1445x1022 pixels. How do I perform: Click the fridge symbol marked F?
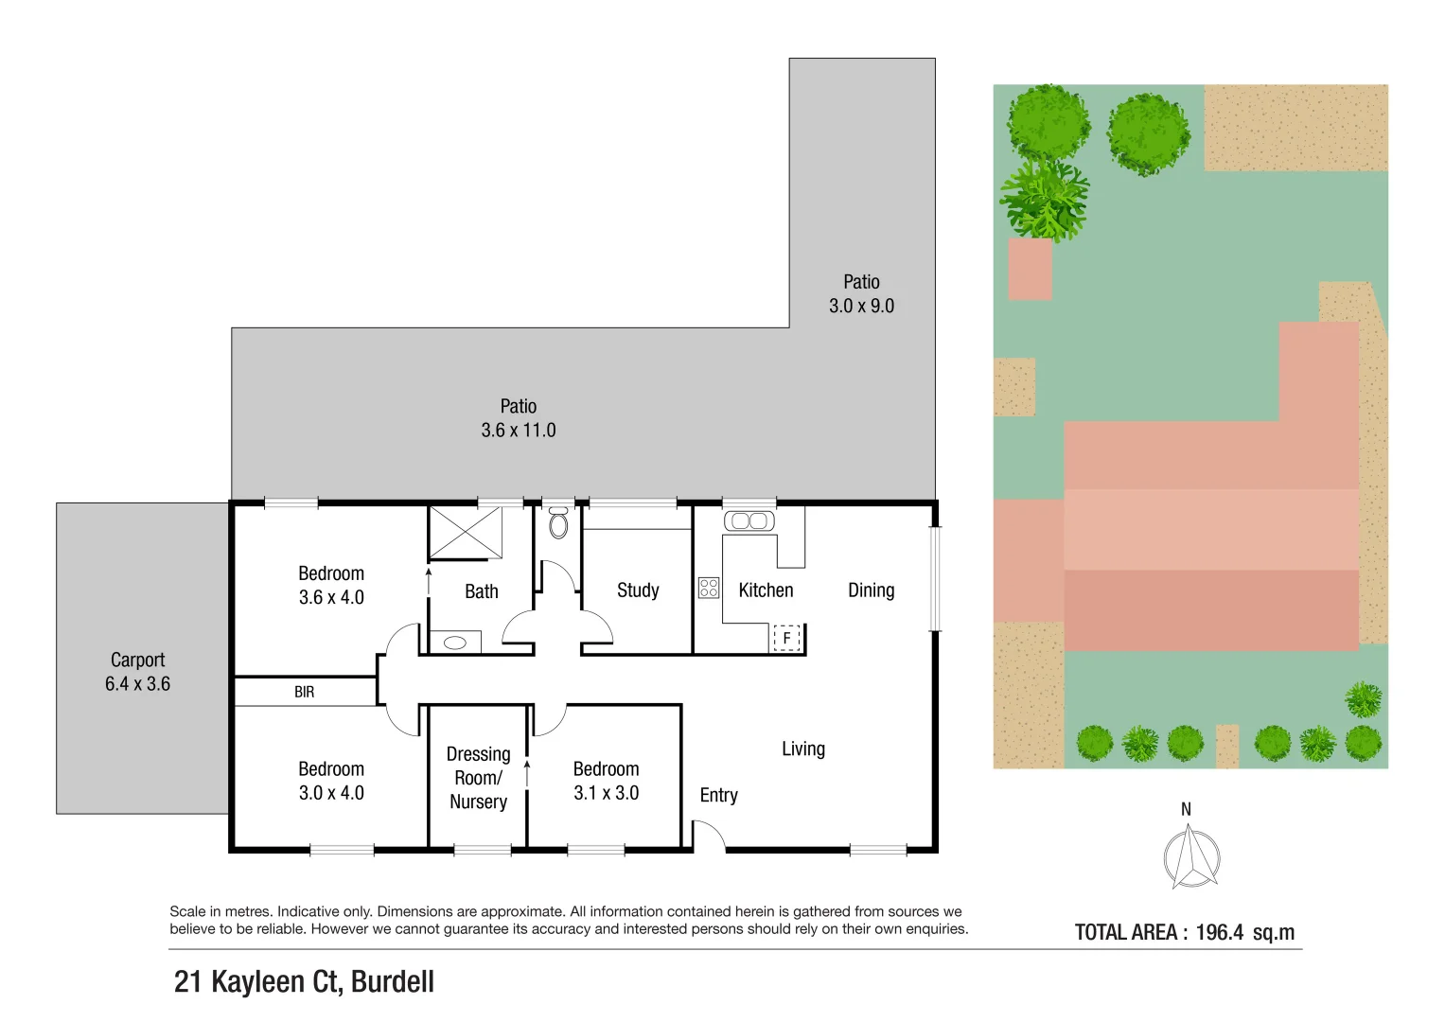coord(786,639)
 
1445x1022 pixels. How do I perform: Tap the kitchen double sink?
coord(749,521)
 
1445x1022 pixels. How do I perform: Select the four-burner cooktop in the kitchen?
coord(709,588)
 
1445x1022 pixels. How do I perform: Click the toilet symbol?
coord(558,522)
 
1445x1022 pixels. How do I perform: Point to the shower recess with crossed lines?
coord(465,533)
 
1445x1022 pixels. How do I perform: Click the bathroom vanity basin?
coord(455,643)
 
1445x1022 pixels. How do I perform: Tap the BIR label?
coord(304,692)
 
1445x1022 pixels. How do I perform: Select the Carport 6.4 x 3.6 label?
coord(137,672)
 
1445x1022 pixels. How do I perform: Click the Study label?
coord(638,590)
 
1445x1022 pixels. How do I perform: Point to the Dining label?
coord(871,590)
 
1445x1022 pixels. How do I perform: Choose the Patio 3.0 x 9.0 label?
coord(861,293)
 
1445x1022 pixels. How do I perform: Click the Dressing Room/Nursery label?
coord(478,778)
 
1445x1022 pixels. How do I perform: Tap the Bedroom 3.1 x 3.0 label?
coord(606,781)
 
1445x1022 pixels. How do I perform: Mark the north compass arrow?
coord(1190,856)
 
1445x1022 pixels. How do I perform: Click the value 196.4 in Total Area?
coord(1219,932)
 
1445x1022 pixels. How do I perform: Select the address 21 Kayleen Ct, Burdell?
coord(304,981)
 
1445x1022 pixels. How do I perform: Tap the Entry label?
coord(718,796)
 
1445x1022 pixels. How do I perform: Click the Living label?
coord(803,749)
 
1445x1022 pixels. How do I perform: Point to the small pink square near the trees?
coord(1030,269)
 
